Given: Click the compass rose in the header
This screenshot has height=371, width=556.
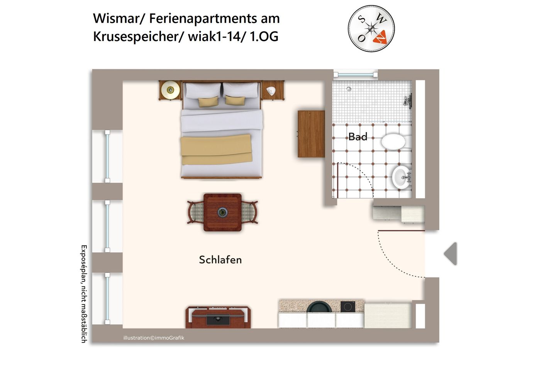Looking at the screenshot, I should pos(371,28).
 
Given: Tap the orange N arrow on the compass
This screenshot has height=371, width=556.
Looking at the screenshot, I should pos(380,36).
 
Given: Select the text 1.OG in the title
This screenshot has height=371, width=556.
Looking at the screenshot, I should pos(264,37).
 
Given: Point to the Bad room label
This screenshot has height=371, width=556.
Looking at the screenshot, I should pos(358,137).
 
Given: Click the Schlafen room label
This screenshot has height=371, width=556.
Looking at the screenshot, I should pos(220,260).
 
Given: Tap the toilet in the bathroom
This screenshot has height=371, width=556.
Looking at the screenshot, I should pos(394,141).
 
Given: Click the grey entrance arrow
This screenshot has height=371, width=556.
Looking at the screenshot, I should pos(451,254).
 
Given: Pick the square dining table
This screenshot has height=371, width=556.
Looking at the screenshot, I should pos(222,212).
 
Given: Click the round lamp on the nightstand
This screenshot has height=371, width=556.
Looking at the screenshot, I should pos(170,90).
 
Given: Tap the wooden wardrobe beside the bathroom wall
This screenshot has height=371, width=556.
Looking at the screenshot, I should pos(311,134).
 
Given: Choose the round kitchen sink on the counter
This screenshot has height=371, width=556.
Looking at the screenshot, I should pos(319,307).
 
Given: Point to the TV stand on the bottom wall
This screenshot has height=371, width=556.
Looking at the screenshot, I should pos(218,317).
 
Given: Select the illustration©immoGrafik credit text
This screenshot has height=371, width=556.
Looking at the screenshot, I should pos(154,338).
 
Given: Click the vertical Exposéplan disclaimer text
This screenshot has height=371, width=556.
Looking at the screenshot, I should pos(83,294).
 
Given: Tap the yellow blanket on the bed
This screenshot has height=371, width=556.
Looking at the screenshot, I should pos(216,150).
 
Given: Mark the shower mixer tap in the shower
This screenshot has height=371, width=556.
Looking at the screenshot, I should pos(407,101).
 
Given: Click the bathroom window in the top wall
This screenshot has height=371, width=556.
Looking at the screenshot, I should pos(355,74).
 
